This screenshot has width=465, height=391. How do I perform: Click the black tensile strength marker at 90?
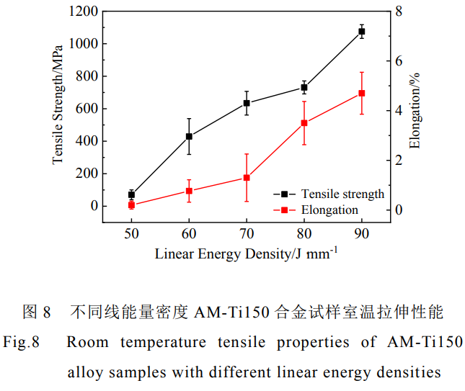(362, 32)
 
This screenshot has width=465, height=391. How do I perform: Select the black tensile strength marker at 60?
(189, 136)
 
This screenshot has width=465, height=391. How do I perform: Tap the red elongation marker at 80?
(304, 123)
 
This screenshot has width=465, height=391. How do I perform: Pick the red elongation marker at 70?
(247, 178)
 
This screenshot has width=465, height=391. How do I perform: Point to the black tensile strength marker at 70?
(247, 103)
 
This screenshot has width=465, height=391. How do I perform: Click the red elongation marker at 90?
(362, 93)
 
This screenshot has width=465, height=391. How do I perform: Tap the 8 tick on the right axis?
(398, 12)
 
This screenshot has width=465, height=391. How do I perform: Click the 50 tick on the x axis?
(131, 235)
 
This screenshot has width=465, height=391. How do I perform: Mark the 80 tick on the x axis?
(304, 235)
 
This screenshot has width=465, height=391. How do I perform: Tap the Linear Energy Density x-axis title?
(246, 253)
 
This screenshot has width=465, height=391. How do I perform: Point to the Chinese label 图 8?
(37, 312)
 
